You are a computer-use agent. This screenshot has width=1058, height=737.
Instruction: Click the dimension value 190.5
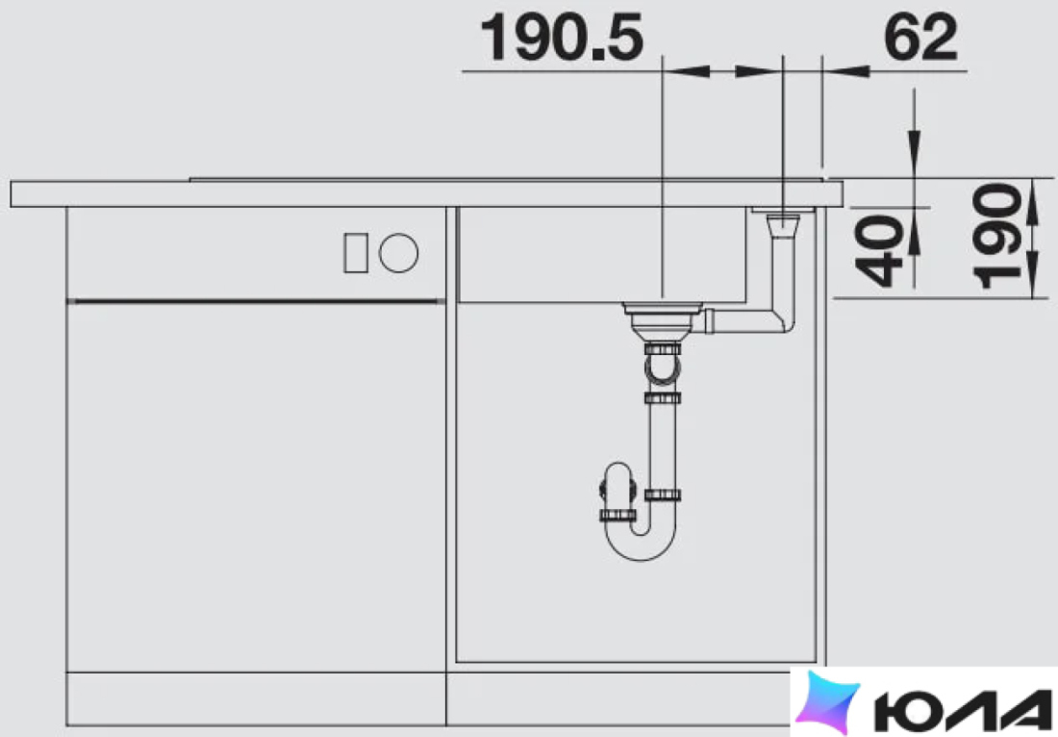point(562,38)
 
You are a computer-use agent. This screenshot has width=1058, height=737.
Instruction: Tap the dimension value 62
point(920,38)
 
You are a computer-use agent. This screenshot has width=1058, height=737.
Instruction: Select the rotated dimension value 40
point(878,251)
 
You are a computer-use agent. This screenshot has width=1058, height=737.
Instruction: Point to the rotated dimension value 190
point(997,236)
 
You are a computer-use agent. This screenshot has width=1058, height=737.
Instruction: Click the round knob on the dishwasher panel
point(399,253)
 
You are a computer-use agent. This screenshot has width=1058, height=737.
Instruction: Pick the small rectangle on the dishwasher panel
point(356,253)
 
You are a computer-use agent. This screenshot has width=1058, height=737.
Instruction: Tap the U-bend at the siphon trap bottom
point(641,540)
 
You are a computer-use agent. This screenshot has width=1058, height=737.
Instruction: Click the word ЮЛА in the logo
point(963,711)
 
